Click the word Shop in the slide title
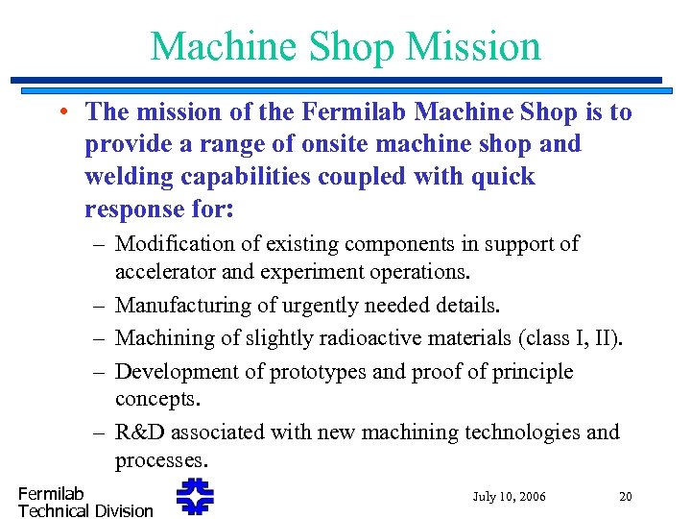point(353,45)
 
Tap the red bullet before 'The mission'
point(60,112)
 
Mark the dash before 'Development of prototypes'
point(100,371)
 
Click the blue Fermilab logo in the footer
point(195,497)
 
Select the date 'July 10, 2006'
point(509,497)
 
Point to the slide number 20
point(626,497)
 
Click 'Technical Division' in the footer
point(85,510)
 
